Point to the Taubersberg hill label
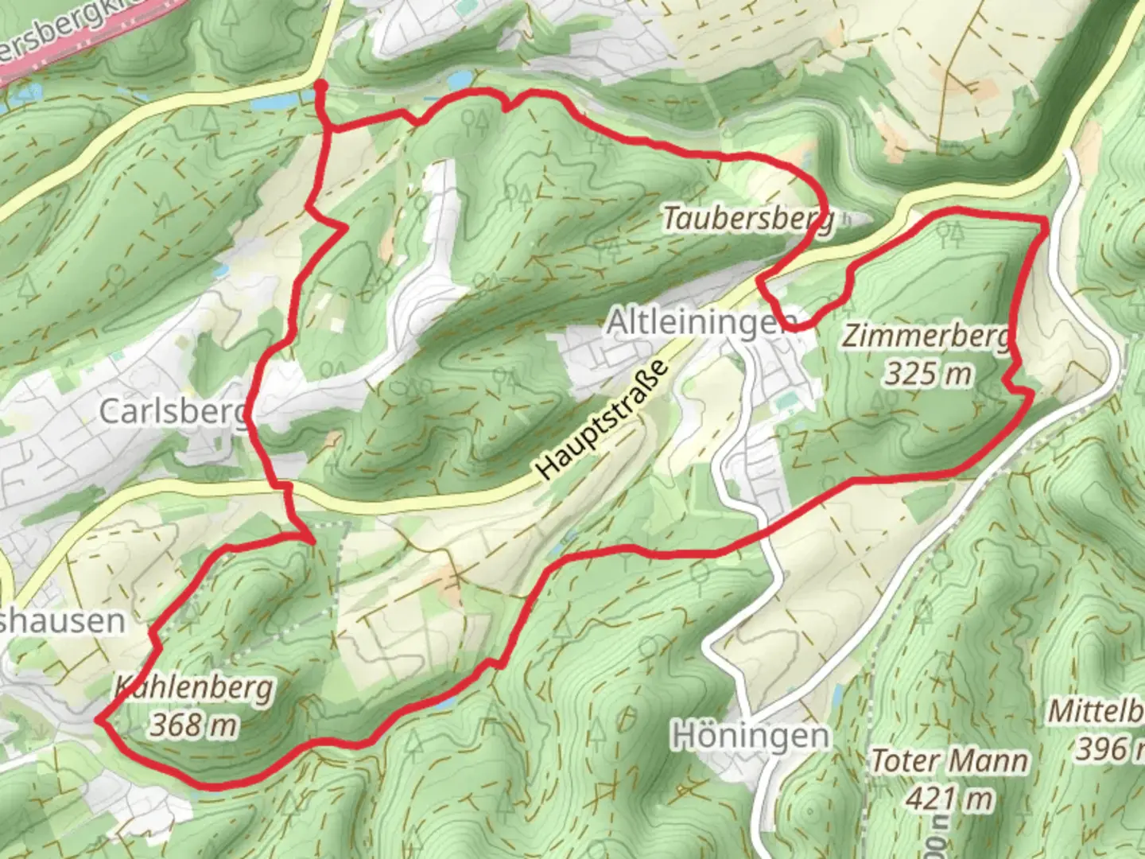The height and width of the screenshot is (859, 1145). coord(748,218)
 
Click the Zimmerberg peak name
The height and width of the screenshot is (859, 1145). coord(926,336)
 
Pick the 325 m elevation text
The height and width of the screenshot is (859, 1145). coord(928,372)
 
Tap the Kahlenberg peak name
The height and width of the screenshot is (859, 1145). coord(194,688)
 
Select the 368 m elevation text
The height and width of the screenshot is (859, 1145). coord(194,725)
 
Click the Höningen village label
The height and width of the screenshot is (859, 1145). coord(751,736)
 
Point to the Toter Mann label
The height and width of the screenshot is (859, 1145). coord(949,761)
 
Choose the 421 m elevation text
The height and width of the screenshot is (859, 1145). coord(949,797)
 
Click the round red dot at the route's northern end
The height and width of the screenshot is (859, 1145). coord(320,84)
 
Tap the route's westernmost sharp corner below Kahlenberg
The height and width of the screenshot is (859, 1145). coord(99,720)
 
